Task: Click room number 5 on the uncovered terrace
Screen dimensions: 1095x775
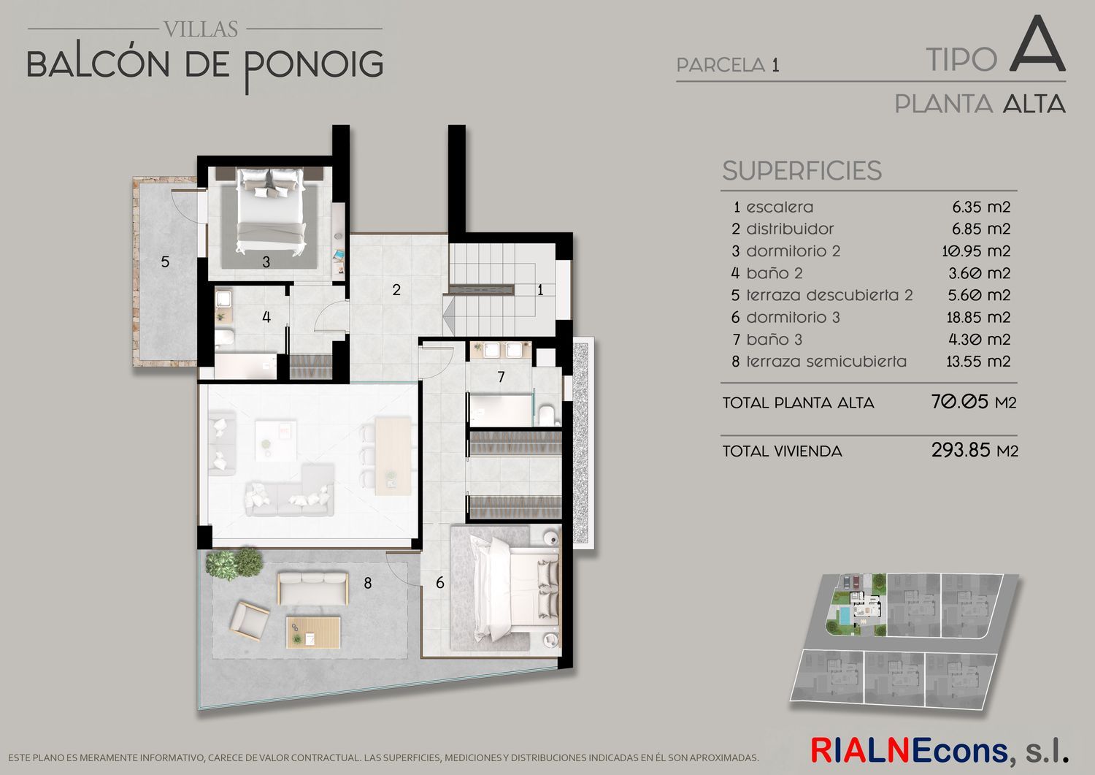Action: click(165, 261)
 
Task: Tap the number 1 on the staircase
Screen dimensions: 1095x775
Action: click(540, 290)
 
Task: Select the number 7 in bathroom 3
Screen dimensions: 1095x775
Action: click(501, 377)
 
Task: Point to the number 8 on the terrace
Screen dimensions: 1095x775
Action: click(368, 583)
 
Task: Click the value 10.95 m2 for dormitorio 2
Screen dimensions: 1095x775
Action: click(976, 251)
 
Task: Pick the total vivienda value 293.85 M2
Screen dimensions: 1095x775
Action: click(975, 450)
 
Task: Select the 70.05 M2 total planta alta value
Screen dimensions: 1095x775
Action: click(974, 402)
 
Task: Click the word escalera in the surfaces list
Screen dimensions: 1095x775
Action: click(780, 207)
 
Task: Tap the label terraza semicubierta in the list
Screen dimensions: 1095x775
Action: click(826, 362)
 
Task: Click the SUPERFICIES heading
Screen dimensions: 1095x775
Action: click(802, 171)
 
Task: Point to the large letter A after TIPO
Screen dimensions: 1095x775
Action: click(1037, 44)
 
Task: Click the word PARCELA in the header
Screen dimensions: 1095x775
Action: click(721, 65)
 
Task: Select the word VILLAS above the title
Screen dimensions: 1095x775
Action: click(201, 29)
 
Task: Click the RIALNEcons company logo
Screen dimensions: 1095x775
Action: click(939, 750)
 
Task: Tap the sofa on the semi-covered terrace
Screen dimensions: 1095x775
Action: click(313, 588)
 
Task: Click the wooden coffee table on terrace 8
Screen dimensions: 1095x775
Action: click(313, 633)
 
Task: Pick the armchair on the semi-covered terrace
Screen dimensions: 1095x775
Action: click(250, 620)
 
